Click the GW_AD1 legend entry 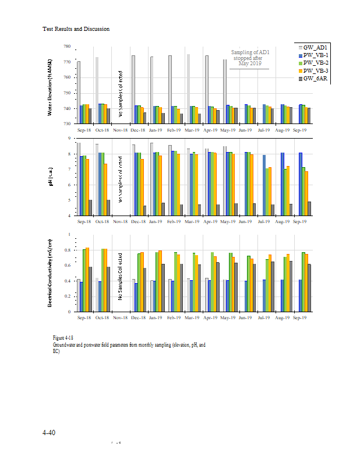coord(315,47)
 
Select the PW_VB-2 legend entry coord(315,62)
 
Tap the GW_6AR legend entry coord(315,78)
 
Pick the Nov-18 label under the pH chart coord(119,222)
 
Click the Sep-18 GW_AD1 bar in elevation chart coord(79,92)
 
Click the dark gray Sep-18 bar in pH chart coord(90,207)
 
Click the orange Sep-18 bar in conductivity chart coord(87,280)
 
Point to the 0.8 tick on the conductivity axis coord(67,250)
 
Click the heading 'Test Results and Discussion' coord(76,29)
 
